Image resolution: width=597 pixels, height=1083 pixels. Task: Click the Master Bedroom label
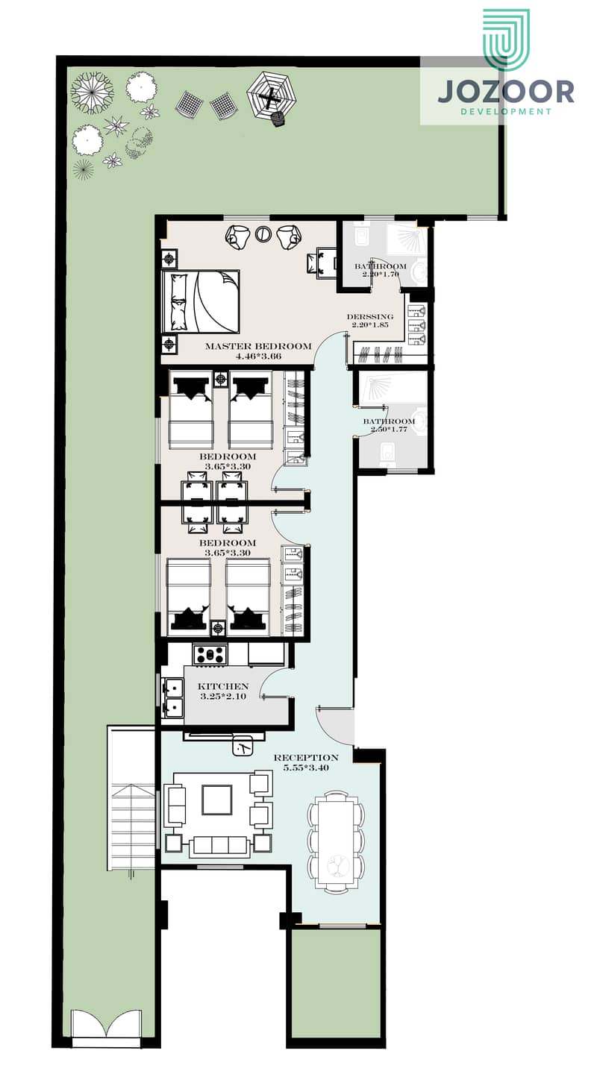point(258,346)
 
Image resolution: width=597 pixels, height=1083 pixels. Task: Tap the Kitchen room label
point(223,686)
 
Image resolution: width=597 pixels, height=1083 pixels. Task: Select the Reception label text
point(306,758)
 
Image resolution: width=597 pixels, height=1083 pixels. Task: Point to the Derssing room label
point(370,317)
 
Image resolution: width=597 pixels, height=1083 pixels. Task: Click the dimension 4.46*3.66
point(258,357)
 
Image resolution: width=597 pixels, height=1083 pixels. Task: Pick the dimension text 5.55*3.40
point(306,767)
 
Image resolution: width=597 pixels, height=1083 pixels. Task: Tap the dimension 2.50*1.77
point(389,430)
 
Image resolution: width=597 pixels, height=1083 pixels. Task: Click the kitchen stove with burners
point(210,655)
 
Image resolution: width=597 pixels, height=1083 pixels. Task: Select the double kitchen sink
point(172,697)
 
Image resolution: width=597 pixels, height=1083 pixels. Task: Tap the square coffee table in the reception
point(217,800)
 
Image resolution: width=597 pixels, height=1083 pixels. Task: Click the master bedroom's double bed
point(201,301)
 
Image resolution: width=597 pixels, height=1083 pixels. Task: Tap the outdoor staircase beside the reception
point(132,798)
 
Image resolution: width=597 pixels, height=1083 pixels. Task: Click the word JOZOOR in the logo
point(506,92)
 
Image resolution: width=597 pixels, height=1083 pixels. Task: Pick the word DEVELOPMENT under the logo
point(506,112)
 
